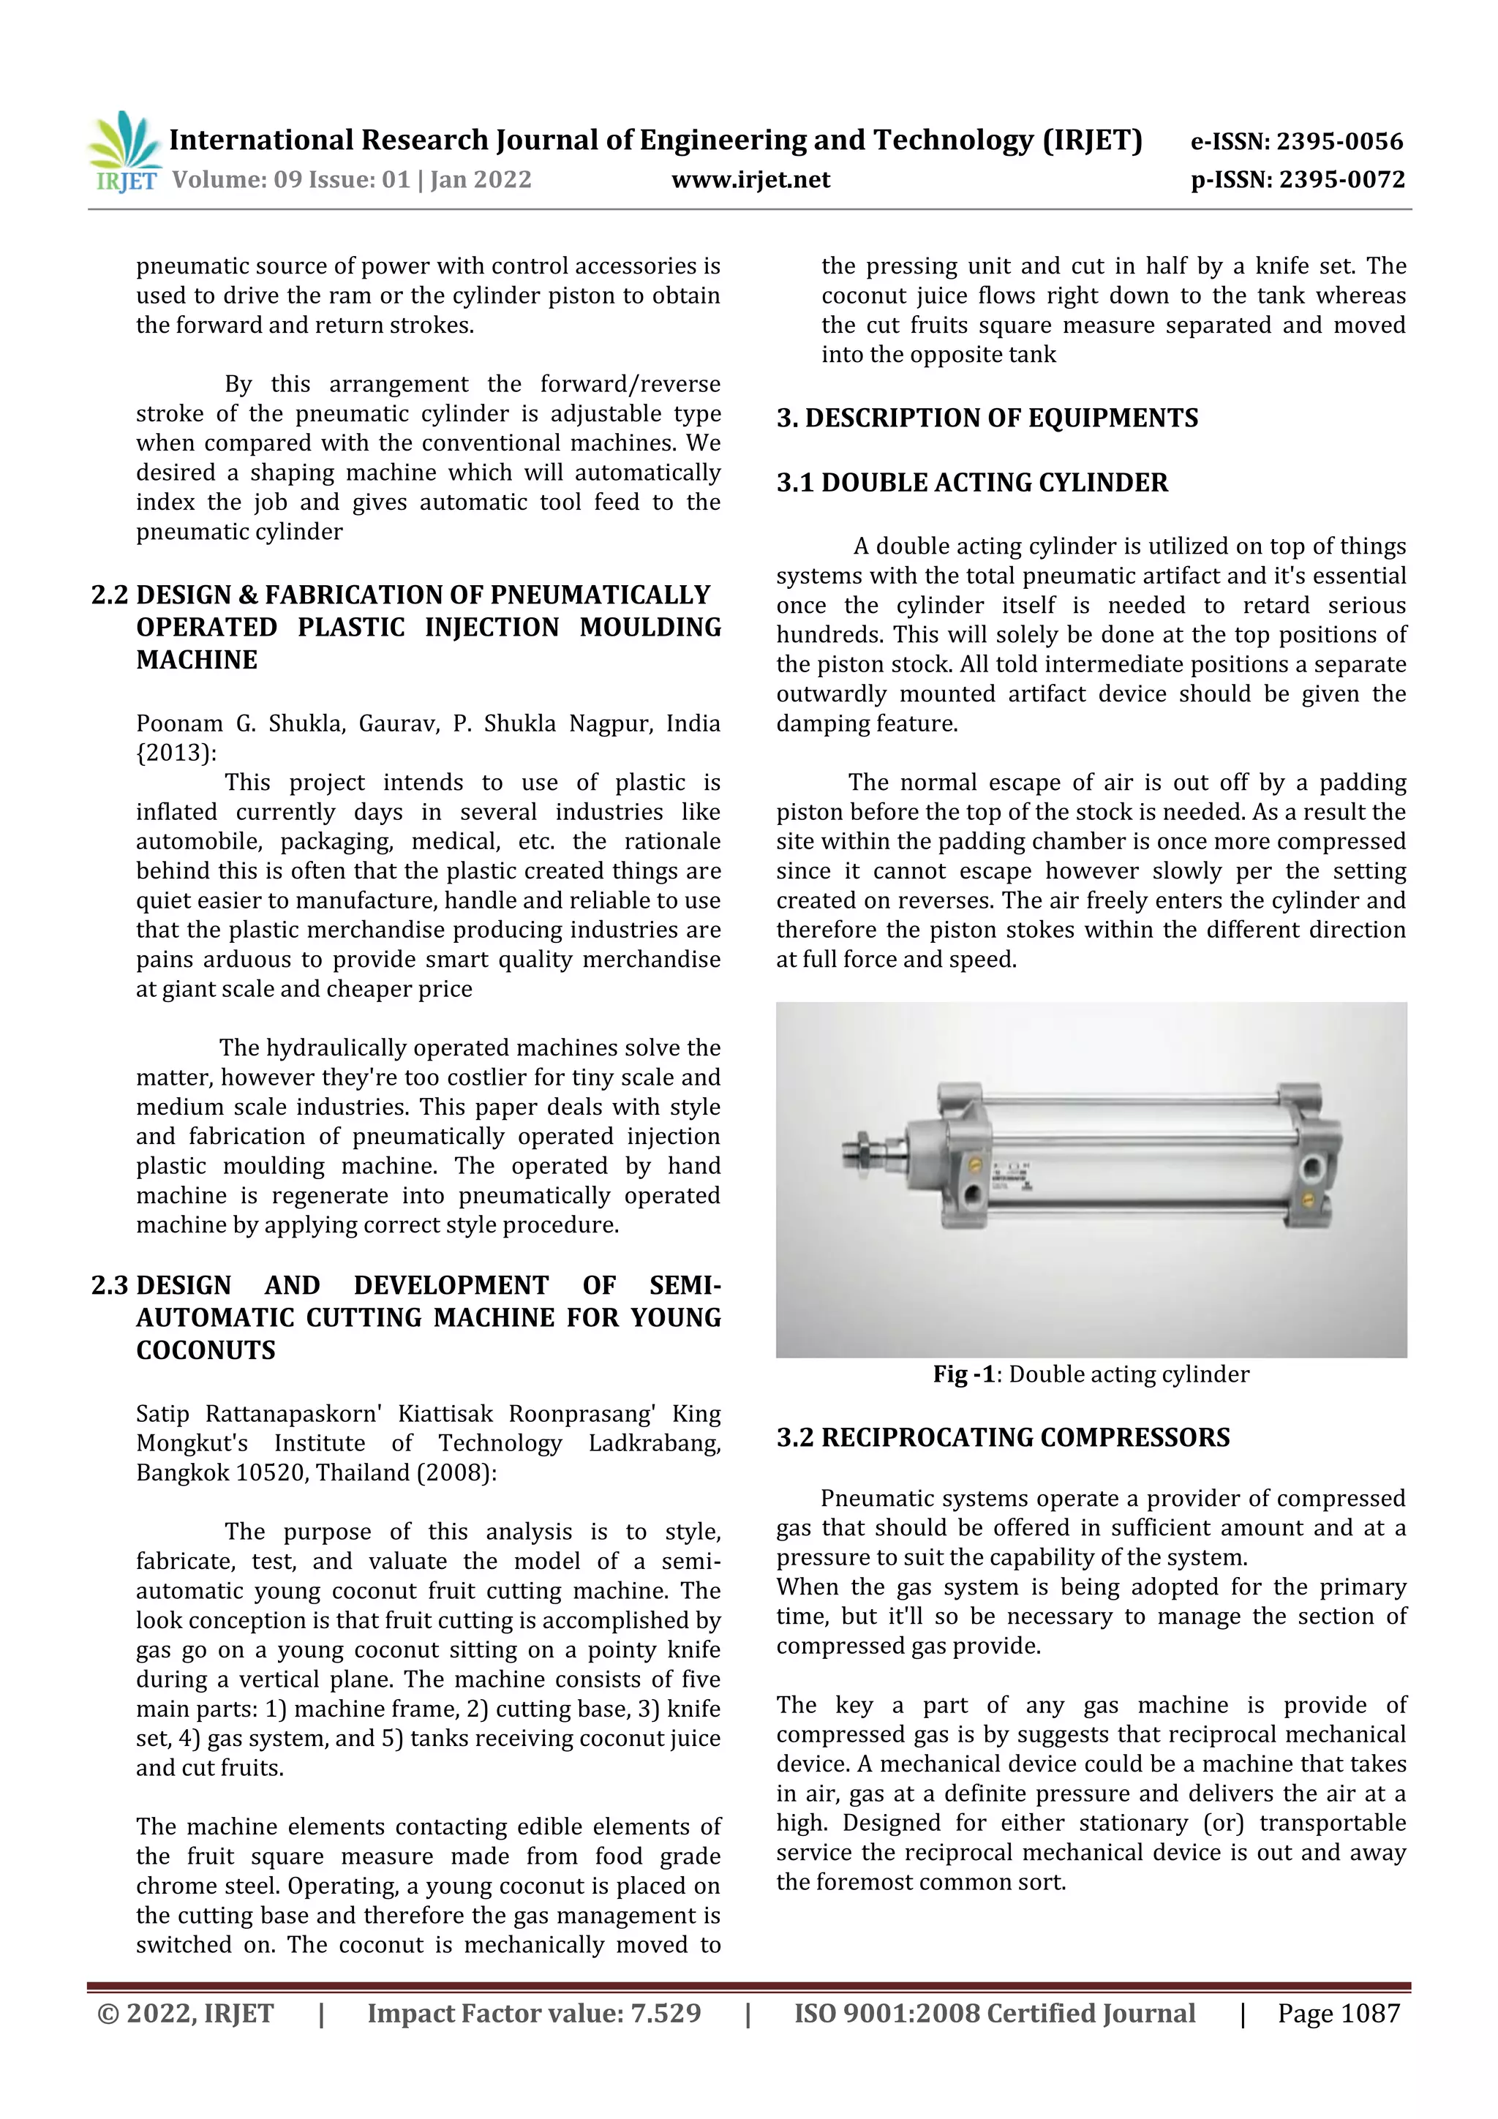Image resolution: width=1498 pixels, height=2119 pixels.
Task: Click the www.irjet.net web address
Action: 750,180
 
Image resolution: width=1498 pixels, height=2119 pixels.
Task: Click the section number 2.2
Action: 110,595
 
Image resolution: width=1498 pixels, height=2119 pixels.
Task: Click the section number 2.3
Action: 110,1286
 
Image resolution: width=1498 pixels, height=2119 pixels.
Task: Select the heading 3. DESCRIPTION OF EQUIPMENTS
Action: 987,418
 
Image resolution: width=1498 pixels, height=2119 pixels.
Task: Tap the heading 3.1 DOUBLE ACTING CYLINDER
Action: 972,483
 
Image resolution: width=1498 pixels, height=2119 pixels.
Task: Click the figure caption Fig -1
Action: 963,1374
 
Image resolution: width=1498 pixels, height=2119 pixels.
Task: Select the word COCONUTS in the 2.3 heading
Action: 206,1351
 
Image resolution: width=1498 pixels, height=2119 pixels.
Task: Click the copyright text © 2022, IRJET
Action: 186,2014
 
